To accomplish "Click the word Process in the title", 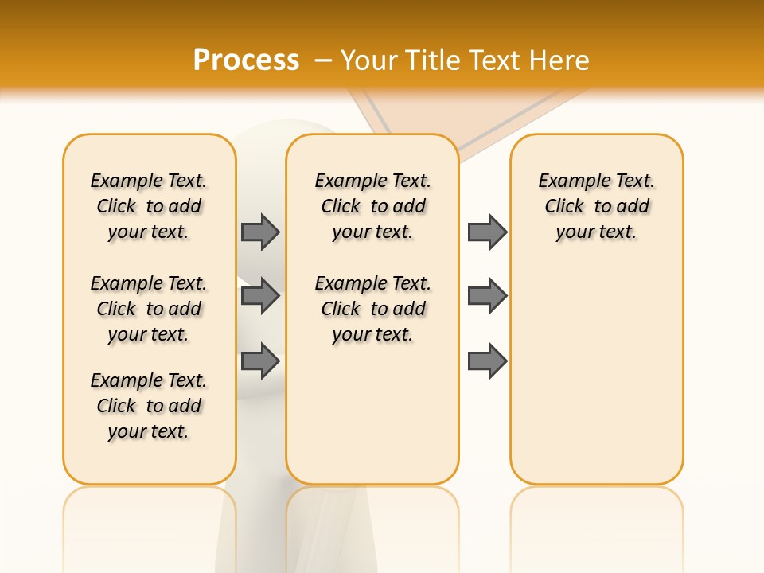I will tap(246, 60).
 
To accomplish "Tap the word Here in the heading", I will tap(559, 60).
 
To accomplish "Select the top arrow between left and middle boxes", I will tap(260, 232).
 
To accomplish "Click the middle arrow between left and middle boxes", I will tap(260, 296).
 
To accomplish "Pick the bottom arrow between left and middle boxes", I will tap(260, 361).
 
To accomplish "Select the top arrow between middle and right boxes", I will tap(487, 232).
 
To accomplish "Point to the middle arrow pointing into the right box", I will tap(487, 296).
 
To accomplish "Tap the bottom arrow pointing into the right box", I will tap(487, 361).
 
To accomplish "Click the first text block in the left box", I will tap(149, 206).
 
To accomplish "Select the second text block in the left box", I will tap(149, 309).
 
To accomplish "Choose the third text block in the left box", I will tap(149, 406).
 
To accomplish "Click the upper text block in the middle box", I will tap(372, 206).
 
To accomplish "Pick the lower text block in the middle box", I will tap(372, 309).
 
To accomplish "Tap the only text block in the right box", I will tap(596, 206).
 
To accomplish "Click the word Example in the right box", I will tap(567, 181).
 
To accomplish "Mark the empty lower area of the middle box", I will tap(372, 414).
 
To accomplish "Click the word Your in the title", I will tap(370, 60).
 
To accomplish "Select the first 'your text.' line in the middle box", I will tap(372, 232).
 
